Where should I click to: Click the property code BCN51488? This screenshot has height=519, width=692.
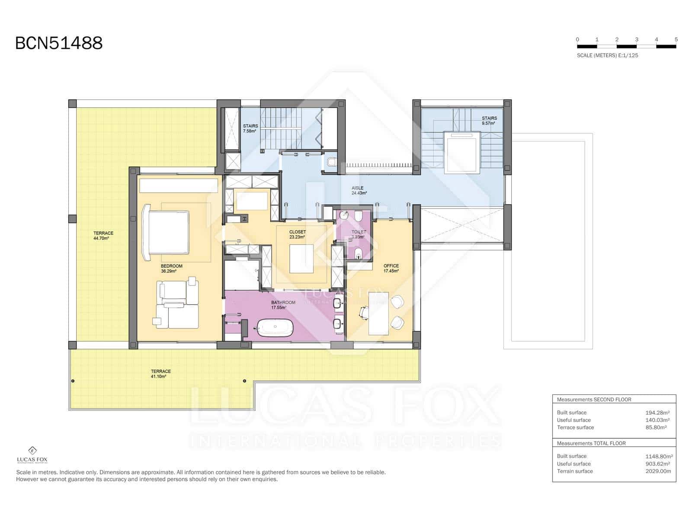(x=59, y=43)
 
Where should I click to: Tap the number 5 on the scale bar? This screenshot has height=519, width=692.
(x=676, y=39)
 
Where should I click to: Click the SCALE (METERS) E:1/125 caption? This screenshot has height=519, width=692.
(x=607, y=55)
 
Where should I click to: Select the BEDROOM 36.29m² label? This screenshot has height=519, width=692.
(x=171, y=269)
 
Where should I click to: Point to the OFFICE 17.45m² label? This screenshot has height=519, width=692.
(x=391, y=269)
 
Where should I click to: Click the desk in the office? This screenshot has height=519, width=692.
(x=378, y=314)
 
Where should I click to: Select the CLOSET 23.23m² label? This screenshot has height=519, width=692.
(x=297, y=234)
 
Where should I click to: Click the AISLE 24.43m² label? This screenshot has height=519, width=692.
(x=359, y=190)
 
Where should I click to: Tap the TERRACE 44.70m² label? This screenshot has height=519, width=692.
(x=103, y=236)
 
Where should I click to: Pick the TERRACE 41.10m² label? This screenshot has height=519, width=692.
(x=160, y=374)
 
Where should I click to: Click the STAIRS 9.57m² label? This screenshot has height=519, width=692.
(x=489, y=121)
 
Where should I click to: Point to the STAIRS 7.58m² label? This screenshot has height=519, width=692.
(x=250, y=128)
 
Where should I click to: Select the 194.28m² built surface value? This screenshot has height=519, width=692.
(x=657, y=413)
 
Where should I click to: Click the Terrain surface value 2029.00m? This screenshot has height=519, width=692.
(x=658, y=471)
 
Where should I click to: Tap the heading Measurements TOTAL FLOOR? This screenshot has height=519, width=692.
(x=591, y=443)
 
